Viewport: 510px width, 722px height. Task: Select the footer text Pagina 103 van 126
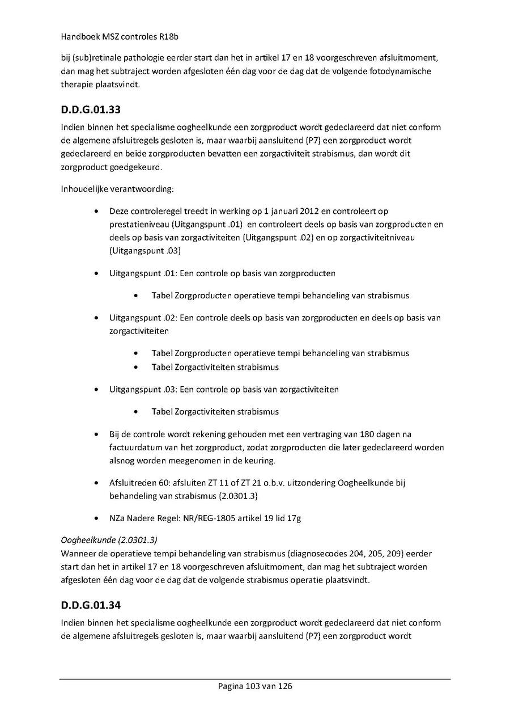click(255, 686)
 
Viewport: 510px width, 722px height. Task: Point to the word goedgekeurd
click(133, 168)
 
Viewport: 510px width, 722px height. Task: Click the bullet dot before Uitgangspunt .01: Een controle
click(97, 273)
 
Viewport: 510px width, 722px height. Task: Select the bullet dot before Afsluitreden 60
click(97, 483)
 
